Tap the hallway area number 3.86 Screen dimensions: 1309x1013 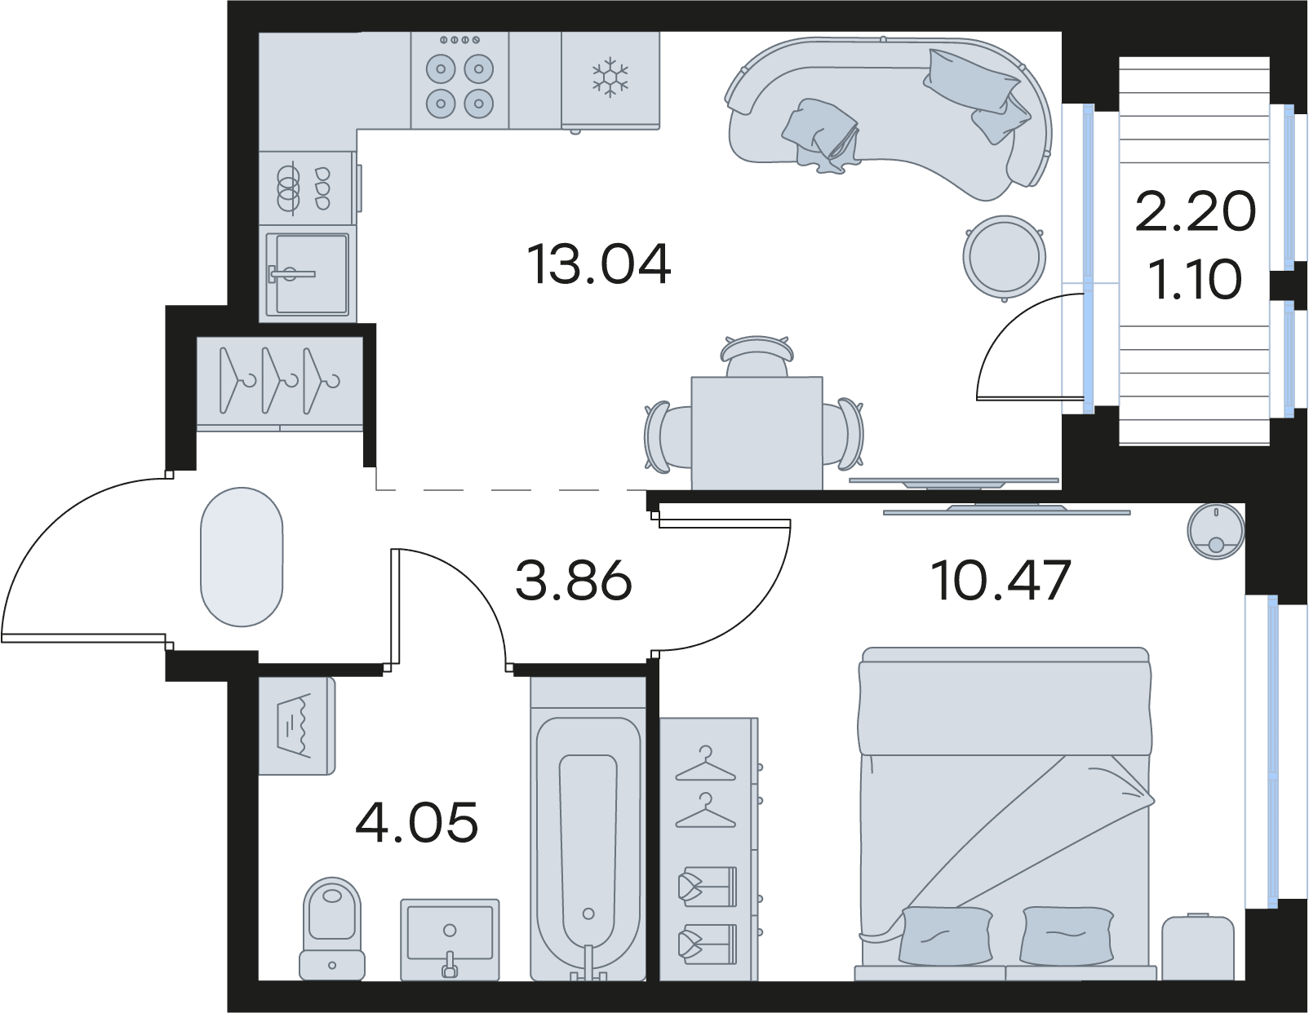click(574, 581)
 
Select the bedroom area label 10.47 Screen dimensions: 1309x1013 click(1001, 581)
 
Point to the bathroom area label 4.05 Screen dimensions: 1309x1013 click(417, 822)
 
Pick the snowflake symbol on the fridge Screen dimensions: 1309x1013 click(610, 77)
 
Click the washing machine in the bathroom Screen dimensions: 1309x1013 click(297, 726)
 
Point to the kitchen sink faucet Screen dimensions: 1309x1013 click(292, 274)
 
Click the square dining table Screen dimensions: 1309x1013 click(757, 433)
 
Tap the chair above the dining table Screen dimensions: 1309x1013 click(757, 356)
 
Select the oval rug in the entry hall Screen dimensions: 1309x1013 click(242, 557)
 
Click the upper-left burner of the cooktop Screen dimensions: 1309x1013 click(441, 69)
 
